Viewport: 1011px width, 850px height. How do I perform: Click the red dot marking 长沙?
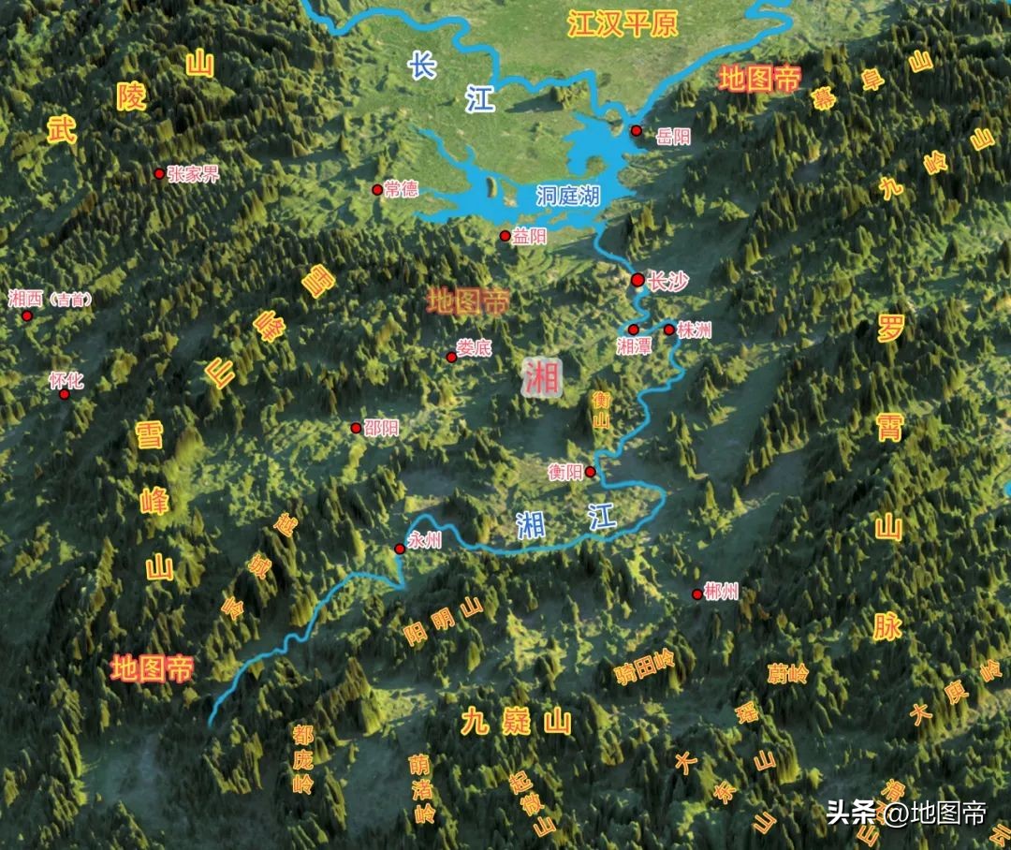pyautogui.click(x=637, y=279)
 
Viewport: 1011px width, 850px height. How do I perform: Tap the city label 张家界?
pyautogui.click(x=193, y=173)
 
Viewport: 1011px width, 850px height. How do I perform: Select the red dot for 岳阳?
pyautogui.click(x=637, y=130)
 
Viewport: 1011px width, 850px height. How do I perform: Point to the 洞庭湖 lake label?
pyautogui.click(x=568, y=195)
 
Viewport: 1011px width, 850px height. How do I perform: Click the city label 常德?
pyautogui.click(x=401, y=189)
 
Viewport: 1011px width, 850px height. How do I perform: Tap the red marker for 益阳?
pyautogui.click(x=505, y=236)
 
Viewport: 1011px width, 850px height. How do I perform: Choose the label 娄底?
pyautogui.click(x=474, y=347)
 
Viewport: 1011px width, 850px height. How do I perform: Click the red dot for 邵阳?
pyautogui.click(x=356, y=428)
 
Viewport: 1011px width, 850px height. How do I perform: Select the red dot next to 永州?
pyautogui.click(x=400, y=550)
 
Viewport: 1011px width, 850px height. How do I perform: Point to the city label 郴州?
pyautogui.click(x=722, y=591)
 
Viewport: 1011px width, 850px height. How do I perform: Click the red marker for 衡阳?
pyautogui.click(x=591, y=472)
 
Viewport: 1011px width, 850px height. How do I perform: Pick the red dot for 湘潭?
pyautogui.click(x=633, y=329)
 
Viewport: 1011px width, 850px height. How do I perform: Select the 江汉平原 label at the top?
pyautogui.click(x=622, y=24)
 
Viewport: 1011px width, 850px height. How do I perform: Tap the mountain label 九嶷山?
pyautogui.click(x=516, y=721)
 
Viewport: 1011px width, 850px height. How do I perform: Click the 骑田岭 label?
pyautogui.click(x=644, y=666)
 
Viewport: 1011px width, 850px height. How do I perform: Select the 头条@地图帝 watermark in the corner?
pyautogui.click(x=906, y=812)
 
